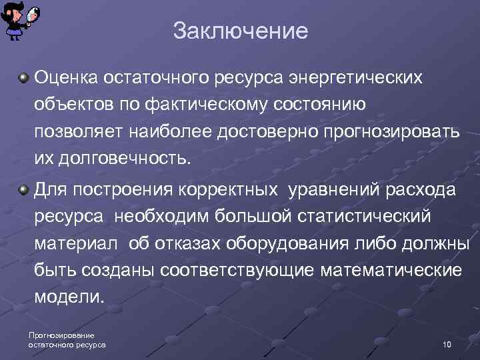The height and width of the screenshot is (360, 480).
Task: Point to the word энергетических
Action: tap(355, 78)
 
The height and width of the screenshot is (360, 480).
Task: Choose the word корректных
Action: tap(227, 189)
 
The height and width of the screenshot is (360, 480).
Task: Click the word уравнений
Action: tap(332, 189)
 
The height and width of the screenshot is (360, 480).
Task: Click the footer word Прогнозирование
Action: tap(61, 335)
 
